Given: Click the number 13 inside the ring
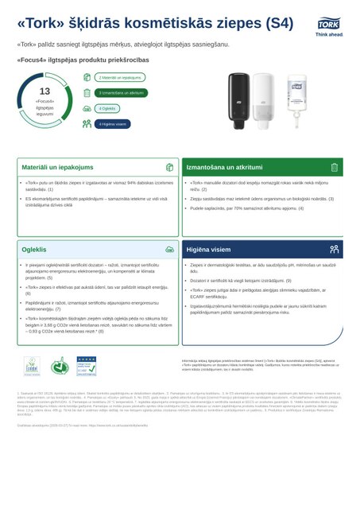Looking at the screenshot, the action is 45,91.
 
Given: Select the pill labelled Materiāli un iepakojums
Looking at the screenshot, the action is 120,78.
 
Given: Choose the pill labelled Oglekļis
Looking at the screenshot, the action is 106,108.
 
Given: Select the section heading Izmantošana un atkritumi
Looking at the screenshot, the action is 225,168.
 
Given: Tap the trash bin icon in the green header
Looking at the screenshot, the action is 335,168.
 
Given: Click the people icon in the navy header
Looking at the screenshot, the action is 335,249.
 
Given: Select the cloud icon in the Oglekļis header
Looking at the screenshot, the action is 169,249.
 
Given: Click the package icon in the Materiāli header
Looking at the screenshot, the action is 169,168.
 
